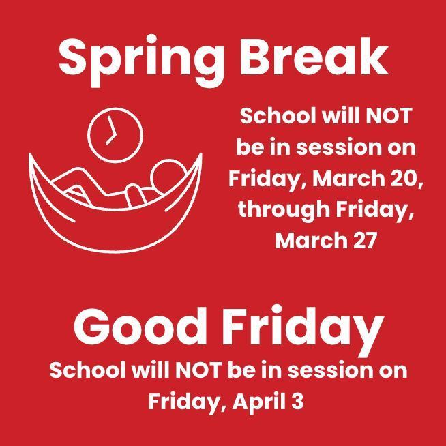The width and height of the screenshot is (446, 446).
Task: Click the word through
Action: coord(284,209)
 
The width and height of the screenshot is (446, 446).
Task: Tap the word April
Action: coord(257,400)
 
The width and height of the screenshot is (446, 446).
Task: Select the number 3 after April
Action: coord(296,400)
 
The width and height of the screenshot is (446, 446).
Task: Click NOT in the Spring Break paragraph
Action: coord(389,116)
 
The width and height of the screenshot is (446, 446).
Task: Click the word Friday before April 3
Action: coord(186,401)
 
